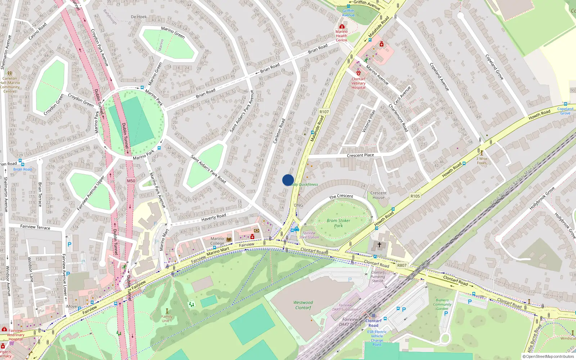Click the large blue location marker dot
click(288, 180)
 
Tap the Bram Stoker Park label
click(338, 223)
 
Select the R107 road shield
click(324, 112)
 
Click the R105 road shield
click(415, 196)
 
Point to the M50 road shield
click(131, 181)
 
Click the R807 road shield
click(402, 265)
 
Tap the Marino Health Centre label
click(341, 36)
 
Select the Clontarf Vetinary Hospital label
click(358, 83)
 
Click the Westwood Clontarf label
click(303, 305)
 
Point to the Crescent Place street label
click(360, 156)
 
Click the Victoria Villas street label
click(369, 121)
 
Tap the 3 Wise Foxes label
click(482, 161)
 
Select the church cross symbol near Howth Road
click(379, 245)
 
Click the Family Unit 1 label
click(167, 319)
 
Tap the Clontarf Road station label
click(373, 323)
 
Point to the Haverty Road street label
click(213, 217)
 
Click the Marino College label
click(217, 241)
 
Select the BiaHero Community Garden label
click(442, 304)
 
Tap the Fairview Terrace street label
click(35, 227)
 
